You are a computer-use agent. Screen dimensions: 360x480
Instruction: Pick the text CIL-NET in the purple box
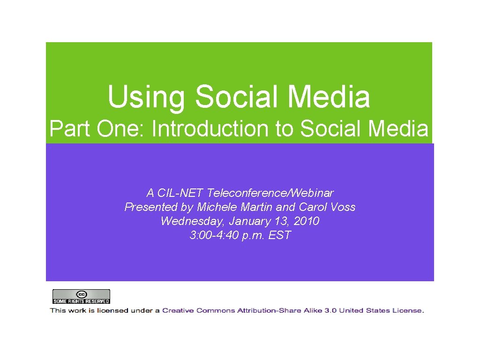(181, 193)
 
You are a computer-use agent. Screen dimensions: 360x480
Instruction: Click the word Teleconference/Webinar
(270, 193)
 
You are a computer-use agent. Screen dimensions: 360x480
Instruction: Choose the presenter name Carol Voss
(326, 207)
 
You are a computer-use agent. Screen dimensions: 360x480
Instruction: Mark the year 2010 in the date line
(306, 221)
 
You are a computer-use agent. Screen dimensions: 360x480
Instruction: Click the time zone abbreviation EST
(280, 235)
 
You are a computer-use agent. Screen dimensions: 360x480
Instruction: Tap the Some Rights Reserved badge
(81, 297)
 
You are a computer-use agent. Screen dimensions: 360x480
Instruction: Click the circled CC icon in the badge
(81, 294)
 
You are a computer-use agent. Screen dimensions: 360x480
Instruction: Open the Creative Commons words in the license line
(199, 310)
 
